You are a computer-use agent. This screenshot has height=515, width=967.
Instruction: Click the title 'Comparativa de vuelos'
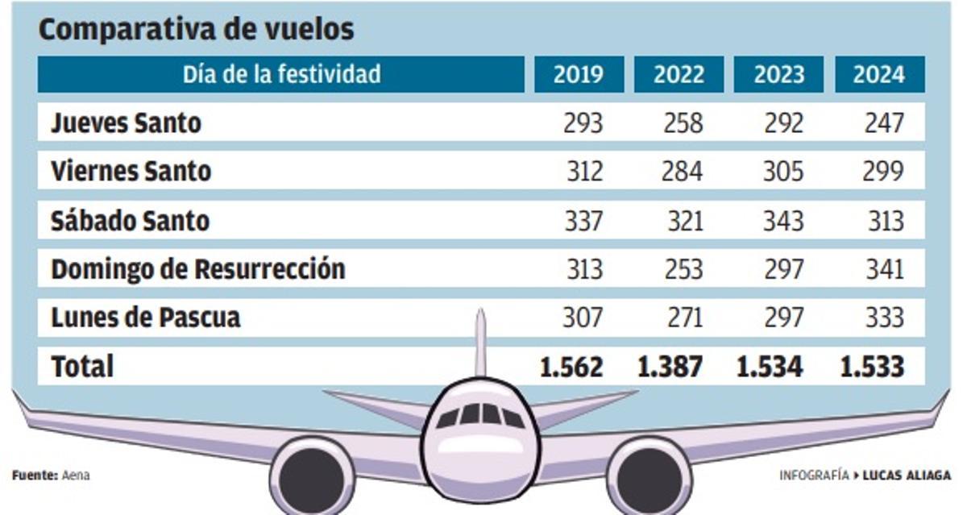click(x=196, y=30)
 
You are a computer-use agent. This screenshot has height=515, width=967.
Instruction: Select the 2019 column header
click(x=578, y=75)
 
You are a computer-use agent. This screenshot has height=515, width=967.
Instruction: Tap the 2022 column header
click(x=678, y=75)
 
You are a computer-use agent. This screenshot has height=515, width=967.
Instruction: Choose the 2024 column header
click(x=878, y=75)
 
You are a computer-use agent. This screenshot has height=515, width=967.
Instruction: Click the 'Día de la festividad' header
click(x=281, y=75)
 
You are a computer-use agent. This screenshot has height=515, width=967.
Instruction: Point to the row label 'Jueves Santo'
click(x=126, y=123)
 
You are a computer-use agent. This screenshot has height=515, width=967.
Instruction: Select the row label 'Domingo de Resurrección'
click(x=197, y=269)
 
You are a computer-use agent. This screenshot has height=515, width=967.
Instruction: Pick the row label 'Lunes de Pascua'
click(x=145, y=318)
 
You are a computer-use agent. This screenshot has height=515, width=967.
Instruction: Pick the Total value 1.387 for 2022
click(x=670, y=367)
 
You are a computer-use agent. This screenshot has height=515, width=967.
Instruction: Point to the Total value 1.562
click(x=571, y=367)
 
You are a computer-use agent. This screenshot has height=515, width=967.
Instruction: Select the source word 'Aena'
click(x=76, y=476)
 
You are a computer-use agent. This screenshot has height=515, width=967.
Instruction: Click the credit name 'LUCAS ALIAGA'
click(x=907, y=476)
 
